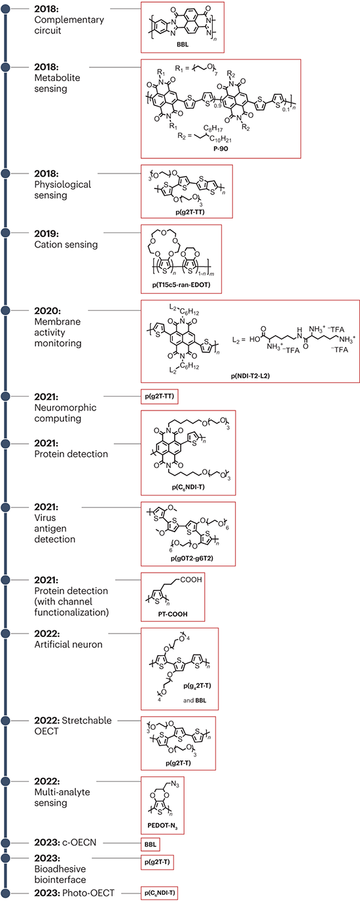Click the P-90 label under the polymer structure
click(221, 149)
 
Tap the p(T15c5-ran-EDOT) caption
click(181, 285)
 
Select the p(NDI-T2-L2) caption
click(250, 375)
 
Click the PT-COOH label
click(173, 614)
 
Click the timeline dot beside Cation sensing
click(6, 233)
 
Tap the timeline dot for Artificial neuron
click(6, 633)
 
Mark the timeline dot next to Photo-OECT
click(6, 893)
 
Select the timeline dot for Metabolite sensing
click(6, 67)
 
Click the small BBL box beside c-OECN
click(150, 844)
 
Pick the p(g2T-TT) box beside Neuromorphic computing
click(160, 396)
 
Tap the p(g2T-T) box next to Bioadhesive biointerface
click(157, 862)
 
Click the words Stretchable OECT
click(73, 725)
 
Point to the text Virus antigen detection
click(54, 528)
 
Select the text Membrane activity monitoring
click(58, 332)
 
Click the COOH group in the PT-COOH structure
click(191, 579)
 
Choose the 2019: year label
click(46, 234)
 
